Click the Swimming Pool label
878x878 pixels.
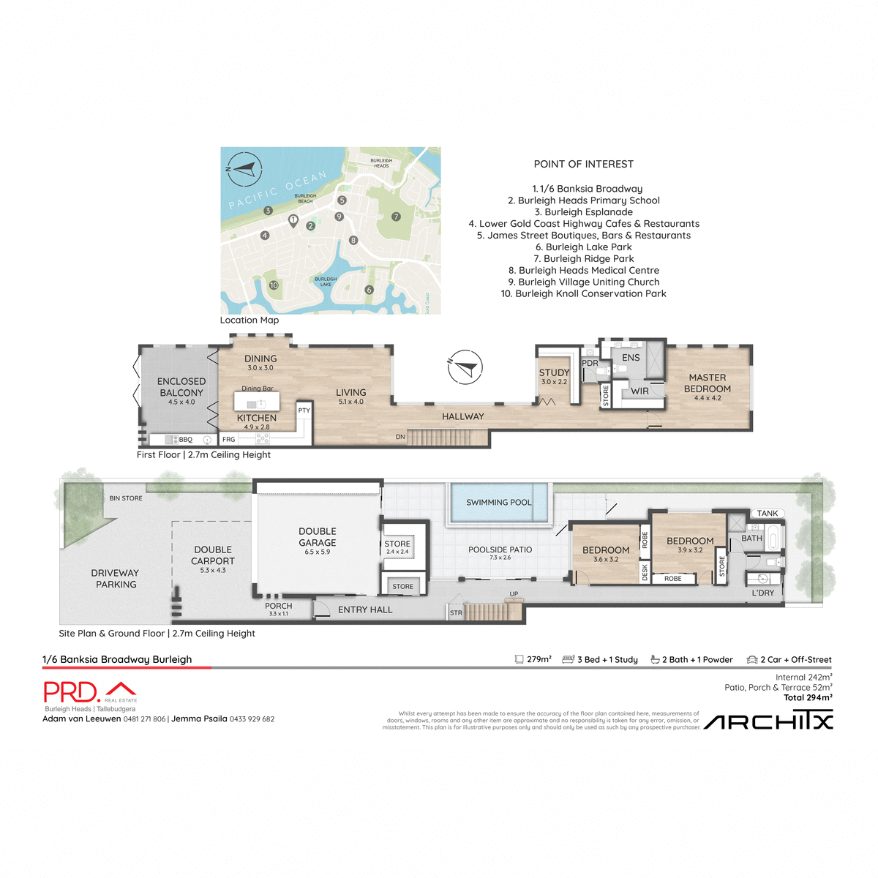click(x=499, y=503)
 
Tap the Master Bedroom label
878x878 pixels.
click(x=708, y=383)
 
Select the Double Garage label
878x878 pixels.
click(x=318, y=537)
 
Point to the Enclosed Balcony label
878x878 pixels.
click(x=181, y=387)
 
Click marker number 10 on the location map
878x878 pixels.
click(x=274, y=285)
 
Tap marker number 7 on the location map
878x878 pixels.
click(x=396, y=217)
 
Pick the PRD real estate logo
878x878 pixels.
click(x=89, y=692)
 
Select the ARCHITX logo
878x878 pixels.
click(x=768, y=722)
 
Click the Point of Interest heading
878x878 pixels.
click(x=584, y=165)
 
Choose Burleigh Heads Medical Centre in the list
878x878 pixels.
click(x=584, y=271)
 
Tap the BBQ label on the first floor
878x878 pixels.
click(x=186, y=440)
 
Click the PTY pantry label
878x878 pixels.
click(x=304, y=410)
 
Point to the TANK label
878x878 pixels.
click(x=768, y=514)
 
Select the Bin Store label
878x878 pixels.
click(x=126, y=498)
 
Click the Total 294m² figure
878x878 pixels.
click(x=808, y=698)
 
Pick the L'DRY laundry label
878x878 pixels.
click(x=762, y=593)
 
